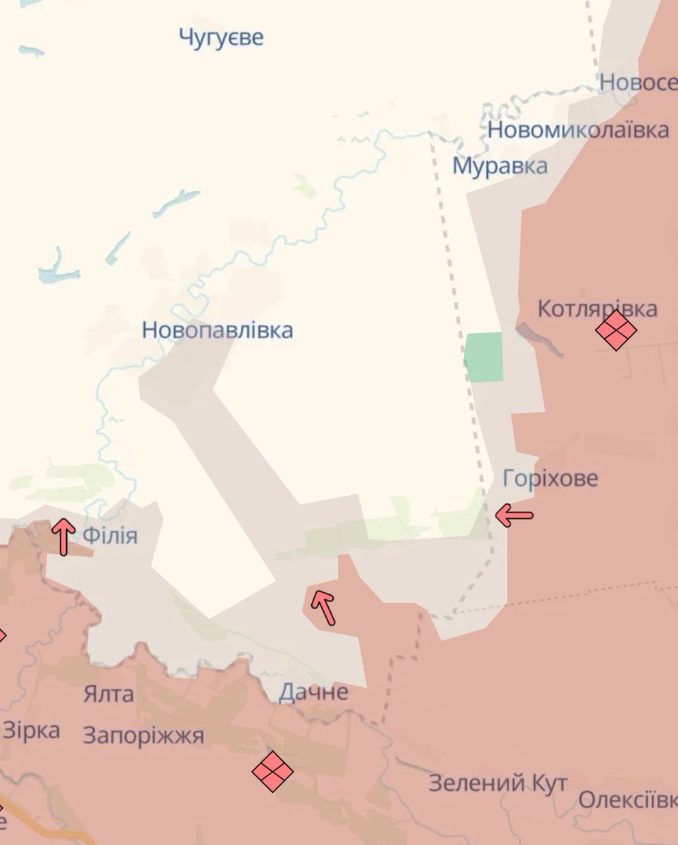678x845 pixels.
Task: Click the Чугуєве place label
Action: pyautogui.click(x=221, y=37)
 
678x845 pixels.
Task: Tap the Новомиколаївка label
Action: pyautogui.click(x=578, y=130)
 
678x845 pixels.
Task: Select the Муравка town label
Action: pyautogui.click(x=499, y=166)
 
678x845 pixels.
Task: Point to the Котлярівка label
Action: pyautogui.click(x=597, y=308)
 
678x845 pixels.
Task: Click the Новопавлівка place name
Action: pyautogui.click(x=218, y=330)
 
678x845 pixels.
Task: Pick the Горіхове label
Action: pyautogui.click(x=551, y=478)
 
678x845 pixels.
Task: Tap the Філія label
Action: pyautogui.click(x=110, y=536)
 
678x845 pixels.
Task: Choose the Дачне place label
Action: pyautogui.click(x=313, y=692)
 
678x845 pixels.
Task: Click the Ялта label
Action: pyautogui.click(x=108, y=694)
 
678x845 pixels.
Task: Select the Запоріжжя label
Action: pyautogui.click(x=144, y=736)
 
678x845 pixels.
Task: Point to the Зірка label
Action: pyautogui.click(x=31, y=730)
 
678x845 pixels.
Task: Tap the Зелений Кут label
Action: pyautogui.click(x=498, y=782)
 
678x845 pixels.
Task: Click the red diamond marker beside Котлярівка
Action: pyautogui.click(x=616, y=330)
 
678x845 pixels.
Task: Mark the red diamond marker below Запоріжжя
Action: pyautogui.click(x=272, y=771)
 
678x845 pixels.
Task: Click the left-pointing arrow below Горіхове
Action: pyautogui.click(x=514, y=515)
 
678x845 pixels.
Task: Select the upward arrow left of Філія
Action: pyautogui.click(x=63, y=536)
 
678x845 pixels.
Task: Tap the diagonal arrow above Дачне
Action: pyautogui.click(x=324, y=607)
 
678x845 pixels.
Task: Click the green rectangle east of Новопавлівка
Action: pyautogui.click(x=484, y=356)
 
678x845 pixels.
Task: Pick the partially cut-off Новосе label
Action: pyautogui.click(x=638, y=82)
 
